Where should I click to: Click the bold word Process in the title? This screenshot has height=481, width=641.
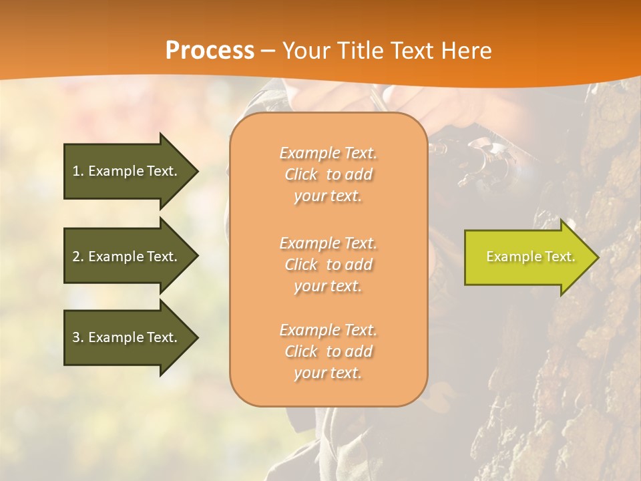click(210, 51)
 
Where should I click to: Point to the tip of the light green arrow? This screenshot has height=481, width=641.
click(597, 257)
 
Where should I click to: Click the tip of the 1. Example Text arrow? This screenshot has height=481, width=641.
click(197, 171)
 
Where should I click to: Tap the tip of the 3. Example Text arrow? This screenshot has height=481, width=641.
click(197, 337)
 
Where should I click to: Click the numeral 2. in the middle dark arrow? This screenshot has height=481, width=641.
click(78, 257)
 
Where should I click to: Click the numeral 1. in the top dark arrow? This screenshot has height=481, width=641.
click(78, 171)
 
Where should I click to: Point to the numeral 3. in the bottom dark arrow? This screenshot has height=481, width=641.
click(78, 337)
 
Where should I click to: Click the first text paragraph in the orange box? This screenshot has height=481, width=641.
click(328, 174)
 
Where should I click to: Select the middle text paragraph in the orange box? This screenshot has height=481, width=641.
click(328, 265)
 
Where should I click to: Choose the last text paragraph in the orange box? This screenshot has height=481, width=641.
click(328, 351)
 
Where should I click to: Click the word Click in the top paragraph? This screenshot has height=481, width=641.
click(301, 175)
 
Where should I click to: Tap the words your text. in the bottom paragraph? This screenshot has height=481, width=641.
click(328, 373)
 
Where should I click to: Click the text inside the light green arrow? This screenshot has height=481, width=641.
click(530, 257)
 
